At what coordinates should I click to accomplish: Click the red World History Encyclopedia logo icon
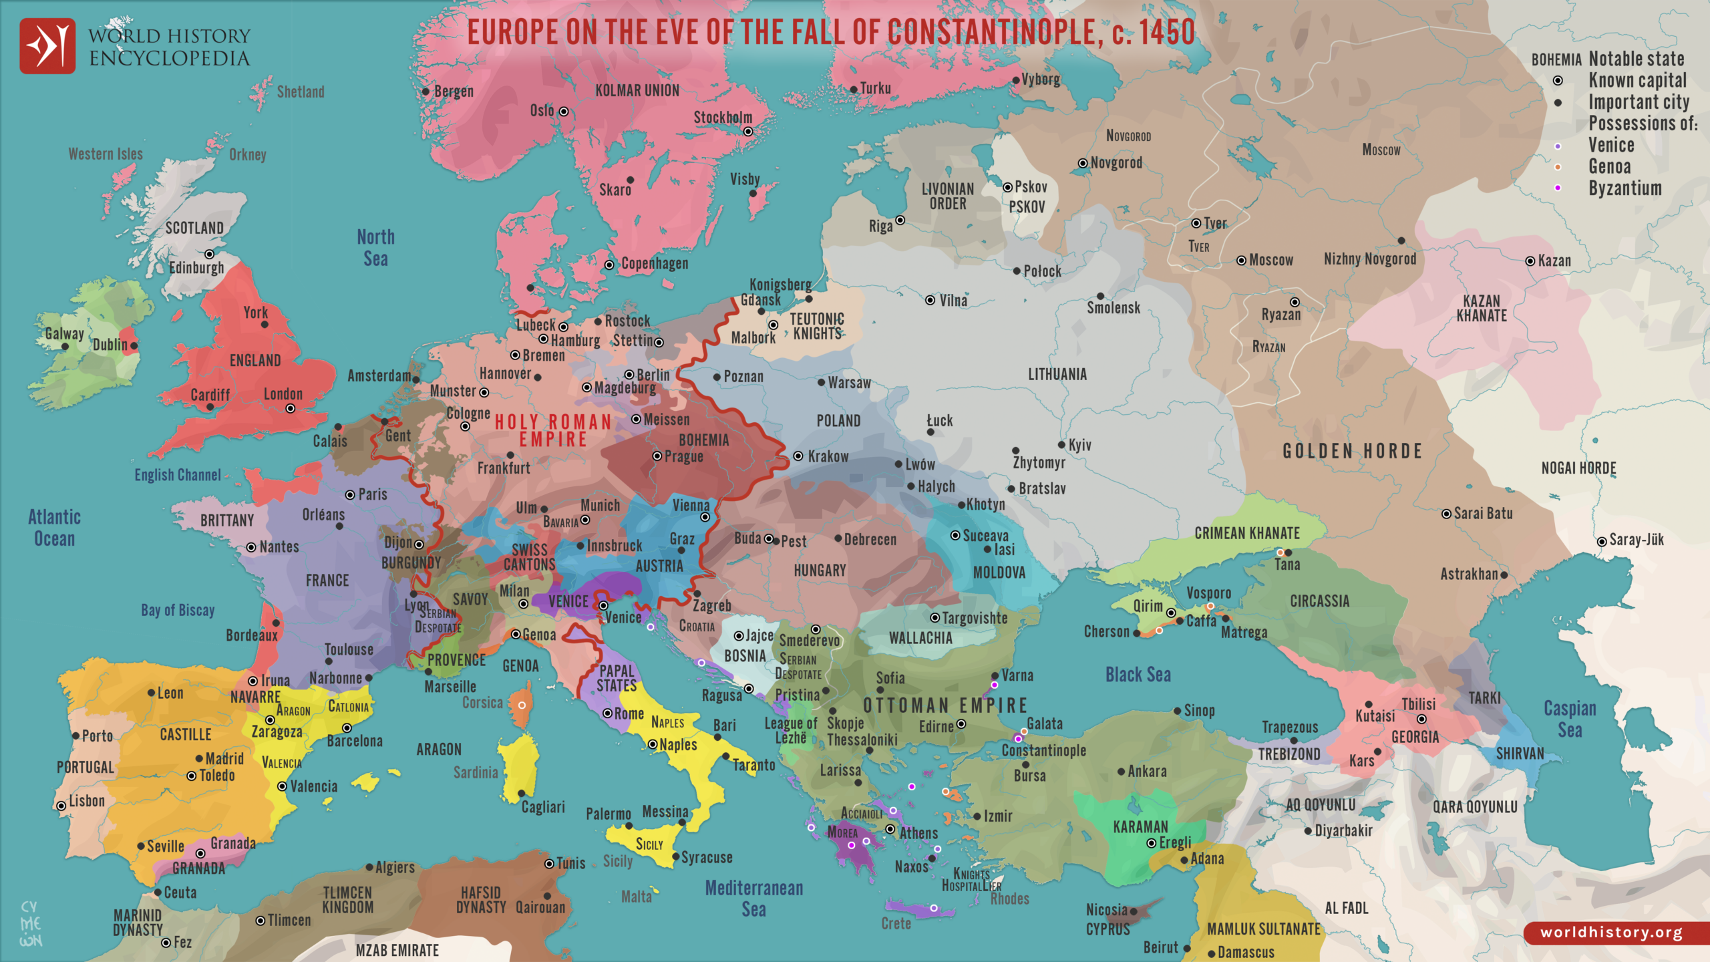point(47,45)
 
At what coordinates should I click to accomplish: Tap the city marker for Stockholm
point(748,132)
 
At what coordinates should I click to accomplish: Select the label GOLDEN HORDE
point(1352,452)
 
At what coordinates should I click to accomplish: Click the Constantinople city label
point(1043,750)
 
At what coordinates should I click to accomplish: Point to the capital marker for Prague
point(657,456)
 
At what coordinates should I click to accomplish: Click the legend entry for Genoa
point(1609,166)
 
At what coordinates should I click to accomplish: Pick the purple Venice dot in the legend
point(1558,146)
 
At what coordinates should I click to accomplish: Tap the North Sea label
point(375,248)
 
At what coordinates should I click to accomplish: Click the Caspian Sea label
point(1570,719)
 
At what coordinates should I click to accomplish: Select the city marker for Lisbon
point(61,806)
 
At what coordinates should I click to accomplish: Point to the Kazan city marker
point(1530,261)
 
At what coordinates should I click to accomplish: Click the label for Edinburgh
point(196,268)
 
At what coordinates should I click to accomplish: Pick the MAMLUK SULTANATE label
point(1263,929)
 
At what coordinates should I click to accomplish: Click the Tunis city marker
point(549,864)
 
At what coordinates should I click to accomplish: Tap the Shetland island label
point(301,92)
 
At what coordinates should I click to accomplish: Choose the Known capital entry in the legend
point(1637,81)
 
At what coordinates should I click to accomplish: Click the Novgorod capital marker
point(1083,163)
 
